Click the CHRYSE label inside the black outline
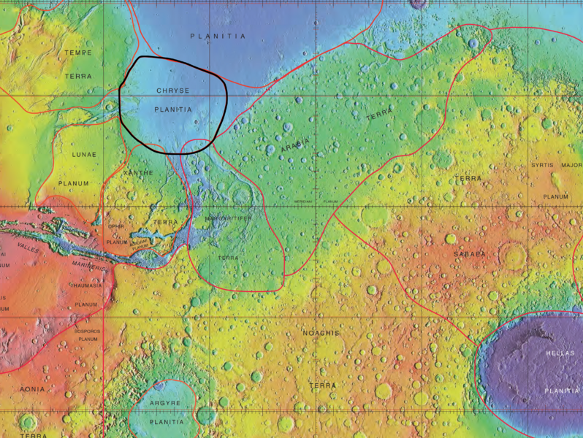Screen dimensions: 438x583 click(173, 91)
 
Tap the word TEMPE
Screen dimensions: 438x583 click(78, 53)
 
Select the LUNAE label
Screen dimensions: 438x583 click(84, 155)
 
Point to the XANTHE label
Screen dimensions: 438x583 click(140, 172)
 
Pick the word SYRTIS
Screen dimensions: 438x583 click(543, 166)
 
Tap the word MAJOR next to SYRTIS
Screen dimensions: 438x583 click(571, 166)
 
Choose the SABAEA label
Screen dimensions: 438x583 click(470, 254)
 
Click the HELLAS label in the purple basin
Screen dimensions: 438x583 click(561, 353)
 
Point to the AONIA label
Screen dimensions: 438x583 click(31, 389)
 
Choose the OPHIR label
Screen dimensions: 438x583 click(117, 226)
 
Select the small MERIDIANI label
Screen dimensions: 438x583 click(305, 201)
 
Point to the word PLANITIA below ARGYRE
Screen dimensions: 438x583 click(166, 422)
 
